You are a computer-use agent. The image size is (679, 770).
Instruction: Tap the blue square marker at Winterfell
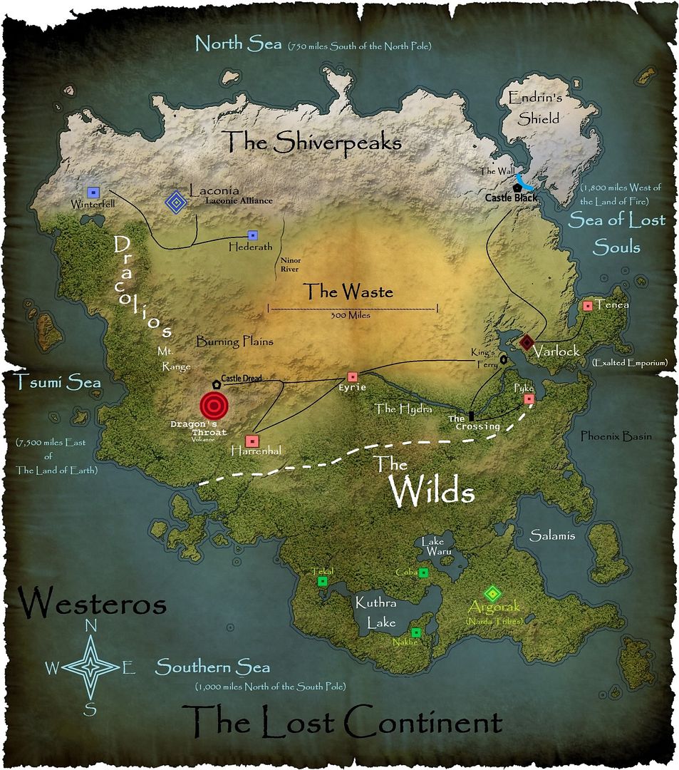[x=92, y=192]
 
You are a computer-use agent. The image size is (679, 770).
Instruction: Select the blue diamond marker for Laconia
[x=175, y=203]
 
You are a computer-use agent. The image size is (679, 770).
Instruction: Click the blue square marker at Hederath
[x=252, y=235]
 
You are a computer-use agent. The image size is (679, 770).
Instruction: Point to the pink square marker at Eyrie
[x=352, y=376]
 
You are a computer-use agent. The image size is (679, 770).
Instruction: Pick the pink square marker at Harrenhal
[x=251, y=441]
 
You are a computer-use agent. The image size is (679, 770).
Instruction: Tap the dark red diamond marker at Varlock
[x=527, y=343]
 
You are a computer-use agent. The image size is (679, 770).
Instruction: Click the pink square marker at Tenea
[x=588, y=306]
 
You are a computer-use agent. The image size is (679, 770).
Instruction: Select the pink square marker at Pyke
[x=529, y=399]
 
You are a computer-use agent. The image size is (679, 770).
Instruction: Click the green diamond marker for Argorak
[x=492, y=593]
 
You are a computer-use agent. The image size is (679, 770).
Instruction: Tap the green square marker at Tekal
[x=322, y=582]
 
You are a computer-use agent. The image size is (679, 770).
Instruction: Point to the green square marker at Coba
[x=423, y=573]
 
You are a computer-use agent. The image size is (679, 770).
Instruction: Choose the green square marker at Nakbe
[x=416, y=632]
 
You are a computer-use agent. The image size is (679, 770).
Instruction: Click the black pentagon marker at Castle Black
[x=515, y=186]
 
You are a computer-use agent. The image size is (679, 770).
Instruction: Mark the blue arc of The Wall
[x=525, y=180]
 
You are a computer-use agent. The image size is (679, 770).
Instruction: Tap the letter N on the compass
[x=91, y=626]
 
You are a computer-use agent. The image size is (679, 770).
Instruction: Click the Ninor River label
[x=290, y=265]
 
